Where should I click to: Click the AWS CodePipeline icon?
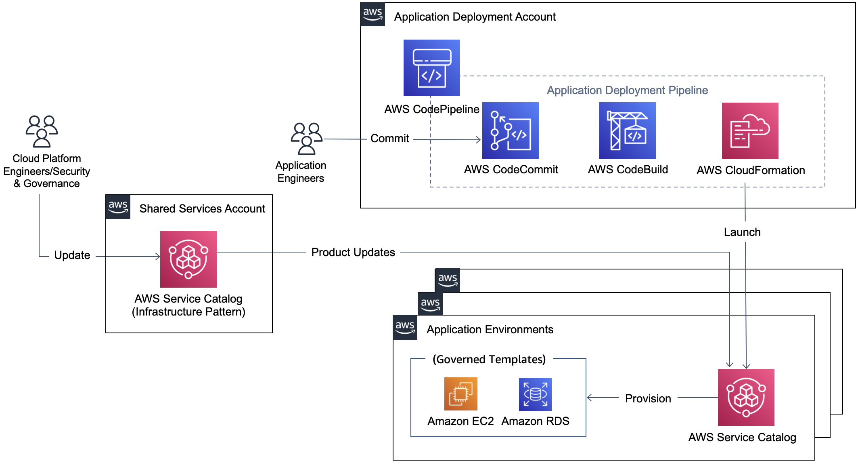point(431,68)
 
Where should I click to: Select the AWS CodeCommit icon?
point(510,130)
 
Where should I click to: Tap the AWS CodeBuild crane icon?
point(627,130)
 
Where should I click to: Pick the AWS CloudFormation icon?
point(750,130)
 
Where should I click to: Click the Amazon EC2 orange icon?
point(460,394)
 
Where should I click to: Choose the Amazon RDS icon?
point(535,394)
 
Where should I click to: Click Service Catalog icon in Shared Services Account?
point(188,259)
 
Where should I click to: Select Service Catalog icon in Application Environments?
point(746,397)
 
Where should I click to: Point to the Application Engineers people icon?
point(306,139)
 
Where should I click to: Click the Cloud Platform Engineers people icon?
point(42,131)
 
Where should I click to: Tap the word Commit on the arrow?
point(389,139)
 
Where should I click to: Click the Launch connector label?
point(742,232)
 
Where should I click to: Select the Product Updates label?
point(353,253)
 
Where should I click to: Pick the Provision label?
point(648,399)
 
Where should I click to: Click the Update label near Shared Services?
point(72,255)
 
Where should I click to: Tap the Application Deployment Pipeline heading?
point(627,90)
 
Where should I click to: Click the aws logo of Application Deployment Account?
point(372,14)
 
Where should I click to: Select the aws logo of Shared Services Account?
point(118,207)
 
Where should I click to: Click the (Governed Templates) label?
point(489,359)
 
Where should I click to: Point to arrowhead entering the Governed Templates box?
point(590,398)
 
